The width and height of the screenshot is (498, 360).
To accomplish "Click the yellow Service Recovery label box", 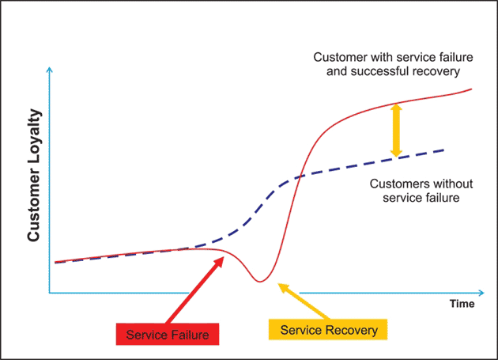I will [x=329, y=329].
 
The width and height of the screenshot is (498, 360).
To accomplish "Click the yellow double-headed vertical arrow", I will [x=396, y=130].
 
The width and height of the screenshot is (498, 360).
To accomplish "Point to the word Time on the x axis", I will [x=462, y=303].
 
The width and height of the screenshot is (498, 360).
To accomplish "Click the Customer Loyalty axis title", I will [x=34, y=175].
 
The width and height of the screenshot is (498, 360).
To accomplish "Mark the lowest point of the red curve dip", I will [x=258, y=281].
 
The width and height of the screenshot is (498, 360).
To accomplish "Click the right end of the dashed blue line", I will [x=444, y=150].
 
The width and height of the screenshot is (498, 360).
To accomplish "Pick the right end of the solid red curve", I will [x=472, y=89].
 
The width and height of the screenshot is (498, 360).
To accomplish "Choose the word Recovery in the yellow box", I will [x=350, y=329].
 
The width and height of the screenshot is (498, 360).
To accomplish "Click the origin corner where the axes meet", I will [x=50, y=293].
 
